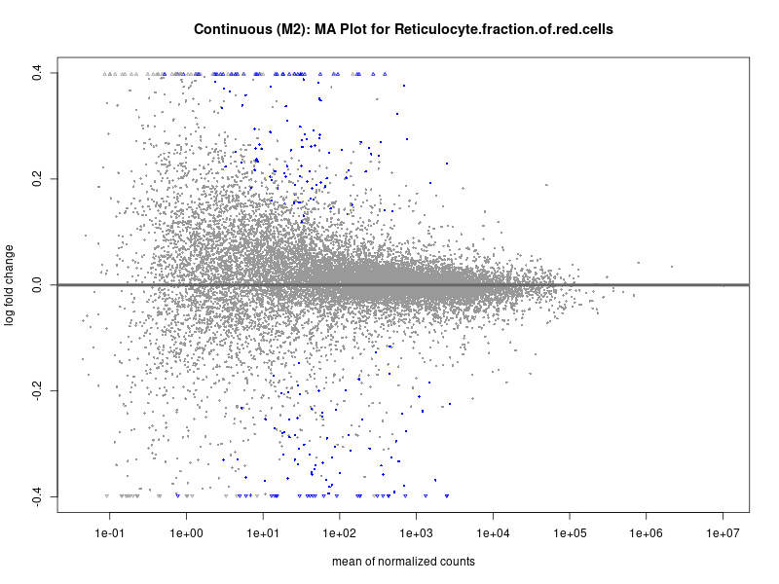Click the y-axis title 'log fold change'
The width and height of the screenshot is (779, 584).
coord(11,285)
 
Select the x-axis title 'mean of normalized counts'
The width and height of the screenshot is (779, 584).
coord(403,562)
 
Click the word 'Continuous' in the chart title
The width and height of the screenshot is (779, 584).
coord(231,29)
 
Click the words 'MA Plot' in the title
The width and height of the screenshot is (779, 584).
coord(342,29)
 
